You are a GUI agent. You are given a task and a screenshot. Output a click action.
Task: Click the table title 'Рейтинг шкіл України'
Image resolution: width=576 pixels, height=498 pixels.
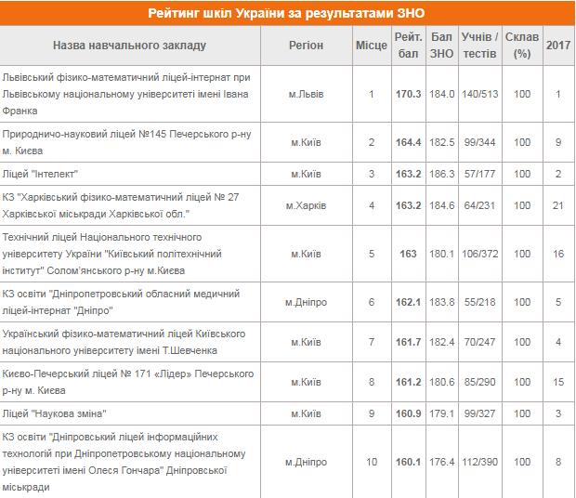[287, 13]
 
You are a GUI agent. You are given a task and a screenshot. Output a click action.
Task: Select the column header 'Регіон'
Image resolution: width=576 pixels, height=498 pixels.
[306, 45]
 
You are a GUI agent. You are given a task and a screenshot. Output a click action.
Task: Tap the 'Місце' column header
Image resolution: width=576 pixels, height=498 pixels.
[371, 45]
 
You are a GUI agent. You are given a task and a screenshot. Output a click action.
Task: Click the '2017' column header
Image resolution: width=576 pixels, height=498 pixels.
[558, 45]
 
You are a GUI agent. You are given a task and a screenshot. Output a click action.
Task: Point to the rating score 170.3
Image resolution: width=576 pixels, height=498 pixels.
[408, 94]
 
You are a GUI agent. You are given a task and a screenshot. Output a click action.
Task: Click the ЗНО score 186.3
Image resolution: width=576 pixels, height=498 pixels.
[442, 173]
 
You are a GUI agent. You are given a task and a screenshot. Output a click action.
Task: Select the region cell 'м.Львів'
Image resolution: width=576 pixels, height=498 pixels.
[306, 94]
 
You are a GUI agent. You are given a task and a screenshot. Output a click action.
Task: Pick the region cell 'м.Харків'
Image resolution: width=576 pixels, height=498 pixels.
[306, 204]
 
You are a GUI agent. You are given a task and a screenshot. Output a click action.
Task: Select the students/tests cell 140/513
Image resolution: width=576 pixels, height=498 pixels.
[480, 94]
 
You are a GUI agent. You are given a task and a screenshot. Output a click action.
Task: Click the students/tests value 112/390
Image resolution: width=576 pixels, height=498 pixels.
[480, 462]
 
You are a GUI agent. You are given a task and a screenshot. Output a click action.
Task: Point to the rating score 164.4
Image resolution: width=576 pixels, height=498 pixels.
[408, 142]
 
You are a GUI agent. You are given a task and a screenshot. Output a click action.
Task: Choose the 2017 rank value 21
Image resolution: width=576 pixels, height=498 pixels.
[558, 204]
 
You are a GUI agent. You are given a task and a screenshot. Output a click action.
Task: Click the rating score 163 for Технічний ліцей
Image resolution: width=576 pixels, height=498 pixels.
[408, 254]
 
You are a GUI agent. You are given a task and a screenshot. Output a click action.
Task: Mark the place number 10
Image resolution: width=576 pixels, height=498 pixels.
[372, 462]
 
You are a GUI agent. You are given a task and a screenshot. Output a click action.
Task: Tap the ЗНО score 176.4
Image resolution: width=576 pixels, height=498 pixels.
[442, 462]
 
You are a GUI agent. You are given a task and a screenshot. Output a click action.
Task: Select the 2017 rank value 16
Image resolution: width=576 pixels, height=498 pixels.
[558, 254]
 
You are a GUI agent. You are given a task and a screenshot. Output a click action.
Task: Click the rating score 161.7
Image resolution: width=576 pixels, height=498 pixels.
[408, 342]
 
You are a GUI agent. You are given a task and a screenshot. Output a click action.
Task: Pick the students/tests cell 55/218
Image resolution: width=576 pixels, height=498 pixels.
[480, 302]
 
